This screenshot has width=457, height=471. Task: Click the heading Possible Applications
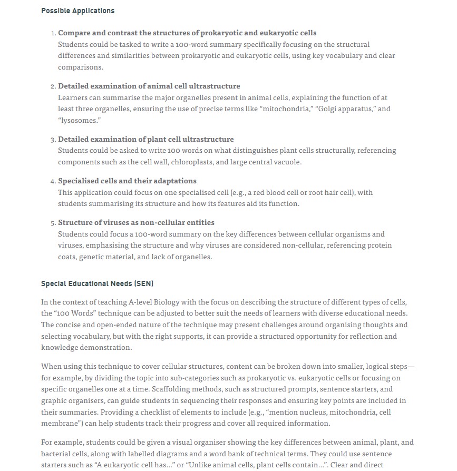point(77,11)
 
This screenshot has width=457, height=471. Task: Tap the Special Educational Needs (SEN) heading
point(97,283)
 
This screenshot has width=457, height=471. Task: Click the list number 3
point(53,140)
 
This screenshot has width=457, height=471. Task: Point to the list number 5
point(53,223)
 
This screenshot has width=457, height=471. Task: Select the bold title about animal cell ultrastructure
point(149,86)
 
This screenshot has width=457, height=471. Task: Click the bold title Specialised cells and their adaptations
point(127,181)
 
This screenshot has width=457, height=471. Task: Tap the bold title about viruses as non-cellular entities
point(136,222)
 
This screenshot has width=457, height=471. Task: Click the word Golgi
point(327,109)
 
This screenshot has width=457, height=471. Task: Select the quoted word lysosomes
point(79,120)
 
